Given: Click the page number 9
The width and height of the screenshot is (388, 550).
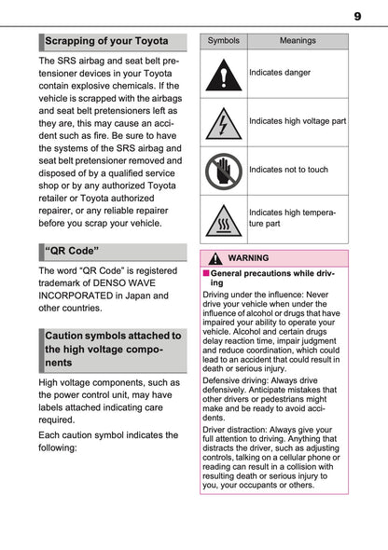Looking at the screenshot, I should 357,15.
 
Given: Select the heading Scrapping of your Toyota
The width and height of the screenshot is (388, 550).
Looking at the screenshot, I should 107,41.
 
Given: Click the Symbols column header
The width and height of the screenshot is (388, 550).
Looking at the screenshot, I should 223,41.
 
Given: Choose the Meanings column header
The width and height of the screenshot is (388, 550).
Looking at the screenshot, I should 298,41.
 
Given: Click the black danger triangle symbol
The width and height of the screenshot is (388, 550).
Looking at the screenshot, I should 223,73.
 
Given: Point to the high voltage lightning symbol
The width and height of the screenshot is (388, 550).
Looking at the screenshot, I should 223,121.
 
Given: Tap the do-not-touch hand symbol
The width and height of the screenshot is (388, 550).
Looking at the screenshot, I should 223,170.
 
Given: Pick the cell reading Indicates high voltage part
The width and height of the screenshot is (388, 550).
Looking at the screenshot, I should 298,121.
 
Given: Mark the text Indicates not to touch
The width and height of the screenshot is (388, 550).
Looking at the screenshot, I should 288,170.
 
